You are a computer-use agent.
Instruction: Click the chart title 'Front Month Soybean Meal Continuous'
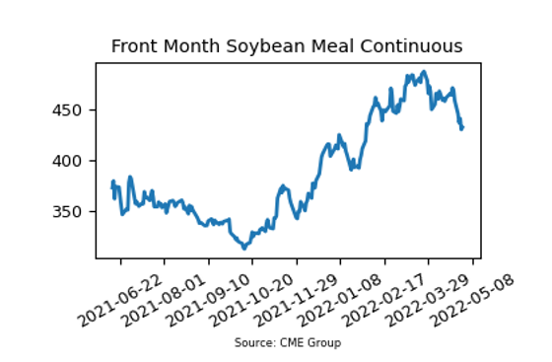(287, 46)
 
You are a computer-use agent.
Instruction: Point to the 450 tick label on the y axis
(67, 110)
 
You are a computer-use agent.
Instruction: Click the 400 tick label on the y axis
(67, 161)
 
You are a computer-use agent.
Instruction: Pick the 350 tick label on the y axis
(67, 212)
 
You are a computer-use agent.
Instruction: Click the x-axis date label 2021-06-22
(120, 300)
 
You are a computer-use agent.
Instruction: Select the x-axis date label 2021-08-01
(164, 300)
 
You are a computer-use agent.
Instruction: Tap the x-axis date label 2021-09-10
(208, 300)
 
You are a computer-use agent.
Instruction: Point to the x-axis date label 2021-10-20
(251, 300)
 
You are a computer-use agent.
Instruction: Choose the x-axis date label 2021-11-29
(296, 300)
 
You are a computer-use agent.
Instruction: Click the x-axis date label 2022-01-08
(340, 300)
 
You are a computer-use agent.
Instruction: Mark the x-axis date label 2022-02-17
(384, 300)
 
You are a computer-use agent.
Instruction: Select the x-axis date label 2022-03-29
(428, 300)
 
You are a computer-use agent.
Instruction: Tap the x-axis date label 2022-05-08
(472, 300)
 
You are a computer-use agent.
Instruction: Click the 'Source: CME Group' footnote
(288, 342)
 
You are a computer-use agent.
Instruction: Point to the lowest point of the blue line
(244, 249)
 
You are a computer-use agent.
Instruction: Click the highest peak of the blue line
(424, 72)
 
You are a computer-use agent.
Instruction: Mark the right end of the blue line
(463, 127)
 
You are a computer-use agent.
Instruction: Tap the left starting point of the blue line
(112, 188)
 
